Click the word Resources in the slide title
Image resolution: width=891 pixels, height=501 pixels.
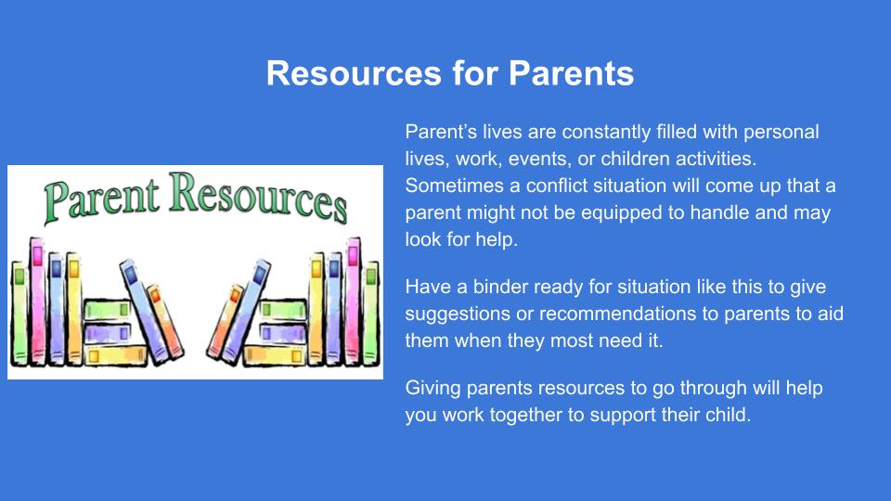(x=354, y=73)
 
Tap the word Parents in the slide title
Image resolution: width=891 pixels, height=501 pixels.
(x=571, y=73)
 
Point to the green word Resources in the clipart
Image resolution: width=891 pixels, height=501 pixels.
(x=258, y=197)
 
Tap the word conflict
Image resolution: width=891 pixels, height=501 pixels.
(x=556, y=186)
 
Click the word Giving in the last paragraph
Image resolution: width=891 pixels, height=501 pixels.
(x=433, y=389)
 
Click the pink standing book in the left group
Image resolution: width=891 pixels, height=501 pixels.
(x=37, y=301)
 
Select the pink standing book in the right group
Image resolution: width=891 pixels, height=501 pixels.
(x=353, y=301)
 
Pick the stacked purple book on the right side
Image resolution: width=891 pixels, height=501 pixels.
(x=282, y=333)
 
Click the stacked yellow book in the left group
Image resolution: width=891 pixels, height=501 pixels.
(x=115, y=355)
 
